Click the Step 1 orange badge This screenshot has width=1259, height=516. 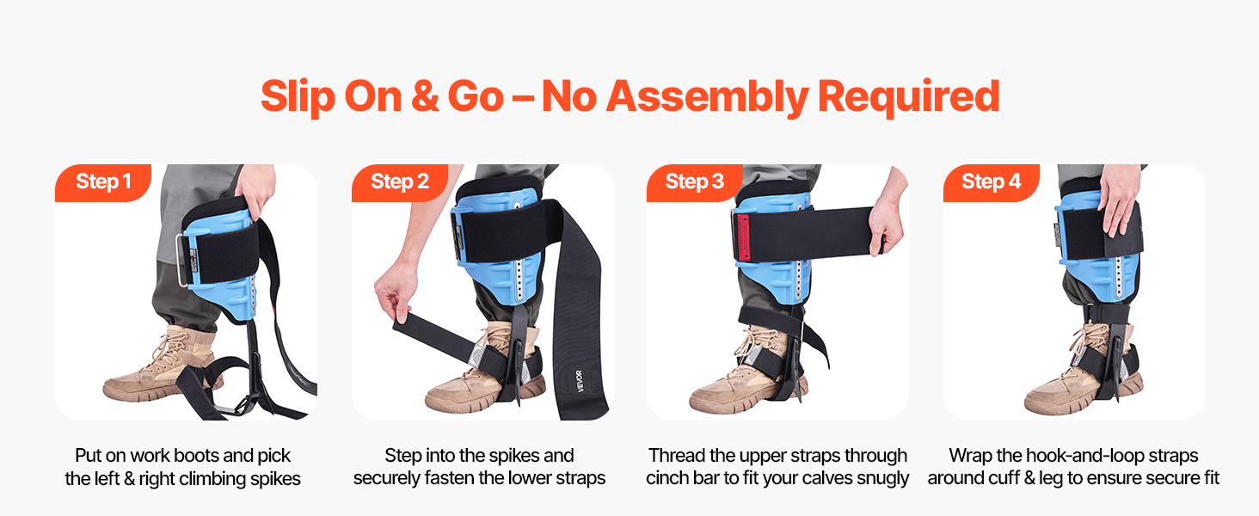coord(103,182)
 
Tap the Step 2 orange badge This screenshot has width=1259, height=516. coord(400,182)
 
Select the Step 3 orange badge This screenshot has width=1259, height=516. coord(695,182)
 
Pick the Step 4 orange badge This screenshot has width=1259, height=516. coord(991,182)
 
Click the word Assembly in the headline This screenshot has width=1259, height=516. coord(707,96)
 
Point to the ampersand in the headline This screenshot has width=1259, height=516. coord(424,96)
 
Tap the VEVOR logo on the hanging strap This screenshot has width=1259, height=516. coord(580,380)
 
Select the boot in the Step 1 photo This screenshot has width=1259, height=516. coord(160,365)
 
